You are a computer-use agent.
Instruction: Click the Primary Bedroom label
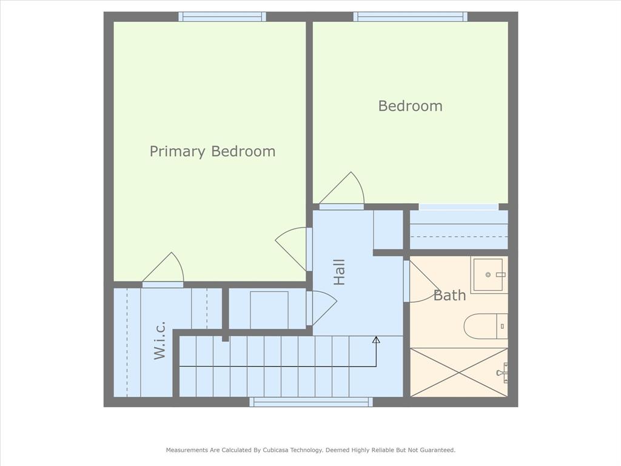(212, 151)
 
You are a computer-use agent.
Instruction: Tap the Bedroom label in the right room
(411, 106)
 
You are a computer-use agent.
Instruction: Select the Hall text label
(340, 272)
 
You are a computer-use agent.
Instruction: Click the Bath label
(449, 295)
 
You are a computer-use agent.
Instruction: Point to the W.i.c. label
(159, 340)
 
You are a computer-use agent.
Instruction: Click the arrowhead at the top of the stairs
(376, 340)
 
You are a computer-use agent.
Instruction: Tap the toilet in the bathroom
(486, 326)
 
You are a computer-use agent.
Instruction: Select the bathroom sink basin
(488, 275)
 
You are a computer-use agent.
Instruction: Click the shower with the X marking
(459, 372)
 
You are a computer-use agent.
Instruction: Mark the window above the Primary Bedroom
(222, 16)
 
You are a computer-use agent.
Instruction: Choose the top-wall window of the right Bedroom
(411, 16)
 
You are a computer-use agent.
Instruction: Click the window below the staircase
(311, 402)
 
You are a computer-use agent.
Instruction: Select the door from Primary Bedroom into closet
(163, 270)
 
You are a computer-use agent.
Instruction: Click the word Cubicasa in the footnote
(276, 450)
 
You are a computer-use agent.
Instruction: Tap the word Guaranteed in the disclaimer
(438, 450)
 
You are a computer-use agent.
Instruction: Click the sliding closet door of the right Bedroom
(458, 207)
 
